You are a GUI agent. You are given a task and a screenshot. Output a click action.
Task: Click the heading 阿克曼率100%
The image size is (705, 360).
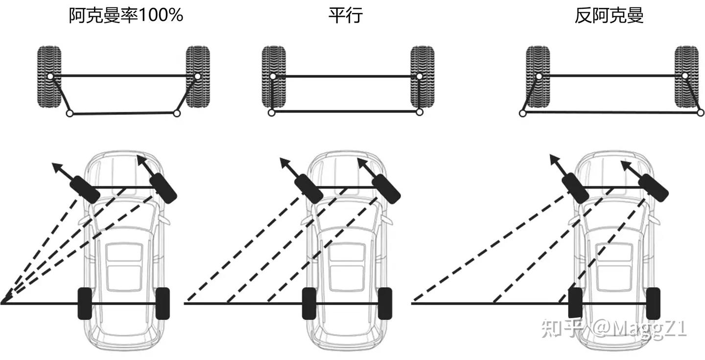(126, 15)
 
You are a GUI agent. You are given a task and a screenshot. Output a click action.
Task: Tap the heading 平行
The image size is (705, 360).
(346, 15)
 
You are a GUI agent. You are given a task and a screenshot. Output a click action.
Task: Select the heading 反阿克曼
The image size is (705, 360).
(609, 15)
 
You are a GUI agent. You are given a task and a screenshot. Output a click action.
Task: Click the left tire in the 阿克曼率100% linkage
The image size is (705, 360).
(49, 76)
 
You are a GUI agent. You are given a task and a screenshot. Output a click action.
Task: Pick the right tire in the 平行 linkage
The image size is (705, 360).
(423, 76)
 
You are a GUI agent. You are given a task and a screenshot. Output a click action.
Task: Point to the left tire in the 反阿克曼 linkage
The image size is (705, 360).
(538, 76)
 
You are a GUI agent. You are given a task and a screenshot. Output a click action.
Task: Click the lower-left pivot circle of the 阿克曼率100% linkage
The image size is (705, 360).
(70, 113)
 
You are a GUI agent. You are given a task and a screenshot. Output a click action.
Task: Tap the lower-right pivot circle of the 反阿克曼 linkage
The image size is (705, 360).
(701, 113)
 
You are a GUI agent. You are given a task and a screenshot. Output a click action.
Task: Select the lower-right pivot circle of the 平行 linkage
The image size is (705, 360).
(419, 112)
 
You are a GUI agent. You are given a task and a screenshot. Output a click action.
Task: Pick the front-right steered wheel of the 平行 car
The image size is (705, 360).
(386, 189)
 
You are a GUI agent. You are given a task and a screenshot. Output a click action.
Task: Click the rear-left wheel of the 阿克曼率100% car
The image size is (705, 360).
(85, 304)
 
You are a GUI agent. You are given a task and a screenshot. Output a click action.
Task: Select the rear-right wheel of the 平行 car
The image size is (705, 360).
(385, 304)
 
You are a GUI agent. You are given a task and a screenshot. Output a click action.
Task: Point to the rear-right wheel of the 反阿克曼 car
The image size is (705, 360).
(653, 304)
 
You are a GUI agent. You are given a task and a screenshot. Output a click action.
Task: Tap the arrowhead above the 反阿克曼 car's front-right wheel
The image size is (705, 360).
(626, 166)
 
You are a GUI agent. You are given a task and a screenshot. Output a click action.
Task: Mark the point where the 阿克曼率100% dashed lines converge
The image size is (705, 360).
(1, 304)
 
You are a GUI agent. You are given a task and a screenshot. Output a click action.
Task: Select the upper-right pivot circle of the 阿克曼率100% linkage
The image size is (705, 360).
(197, 76)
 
